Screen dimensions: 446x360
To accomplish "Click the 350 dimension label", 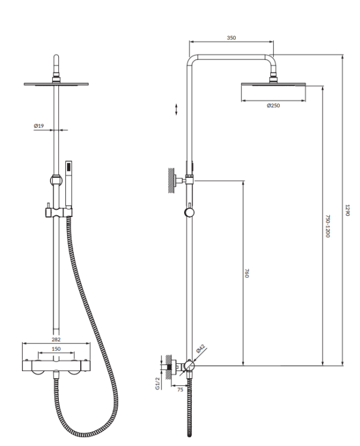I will (x=231, y=37).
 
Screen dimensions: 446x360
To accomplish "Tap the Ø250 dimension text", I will (x=274, y=105).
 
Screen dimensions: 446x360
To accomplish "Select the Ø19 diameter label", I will (x=39, y=125).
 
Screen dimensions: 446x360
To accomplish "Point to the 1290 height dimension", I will (x=348, y=211).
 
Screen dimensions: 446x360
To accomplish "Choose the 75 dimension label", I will (x=180, y=390).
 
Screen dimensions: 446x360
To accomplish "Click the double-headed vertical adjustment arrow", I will (x=176, y=109).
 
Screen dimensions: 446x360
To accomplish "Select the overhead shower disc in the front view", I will (x=56, y=84).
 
